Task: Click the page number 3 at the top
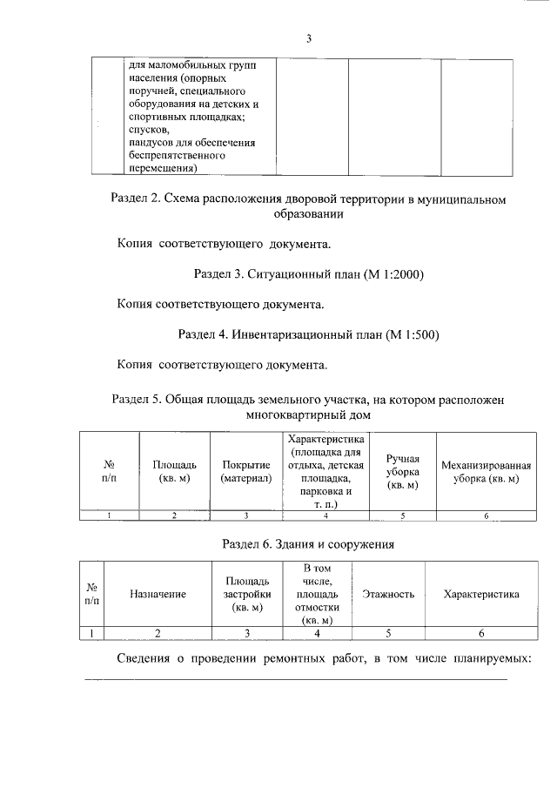click(x=308, y=38)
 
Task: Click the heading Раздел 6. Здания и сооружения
click(x=308, y=545)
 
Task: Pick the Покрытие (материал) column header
click(x=246, y=472)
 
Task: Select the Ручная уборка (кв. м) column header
click(x=403, y=472)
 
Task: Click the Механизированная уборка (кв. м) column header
click(x=486, y=472)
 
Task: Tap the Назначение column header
click(x=158, y=594)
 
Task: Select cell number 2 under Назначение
click(x=158, y=633)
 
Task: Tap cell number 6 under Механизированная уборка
click(x=486, y=516)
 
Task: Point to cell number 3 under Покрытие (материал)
click(x=246, y=516)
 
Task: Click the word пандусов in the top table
click(x=151, y=142)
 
